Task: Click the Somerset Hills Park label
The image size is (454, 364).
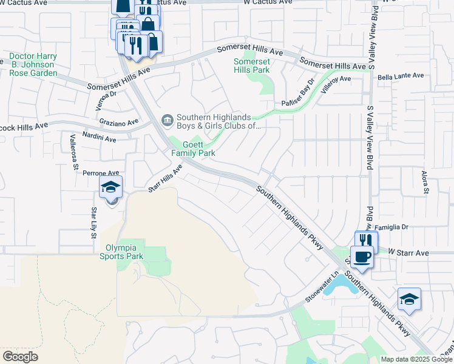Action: click(252, 66)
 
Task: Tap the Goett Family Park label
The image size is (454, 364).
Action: click(193, 149)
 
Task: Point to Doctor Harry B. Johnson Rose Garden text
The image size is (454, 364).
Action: click(33, 64)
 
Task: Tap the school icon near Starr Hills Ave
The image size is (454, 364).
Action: click(111, 188)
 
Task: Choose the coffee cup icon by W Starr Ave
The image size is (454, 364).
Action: click(362, 257)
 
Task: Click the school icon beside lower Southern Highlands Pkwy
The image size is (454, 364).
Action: click(410, 300)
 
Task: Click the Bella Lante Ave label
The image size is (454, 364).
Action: click(400, 76)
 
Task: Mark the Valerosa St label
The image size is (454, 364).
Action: click(74, 151)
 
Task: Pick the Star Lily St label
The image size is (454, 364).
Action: click(93, 223)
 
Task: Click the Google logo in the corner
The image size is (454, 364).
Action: click(20, 357)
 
